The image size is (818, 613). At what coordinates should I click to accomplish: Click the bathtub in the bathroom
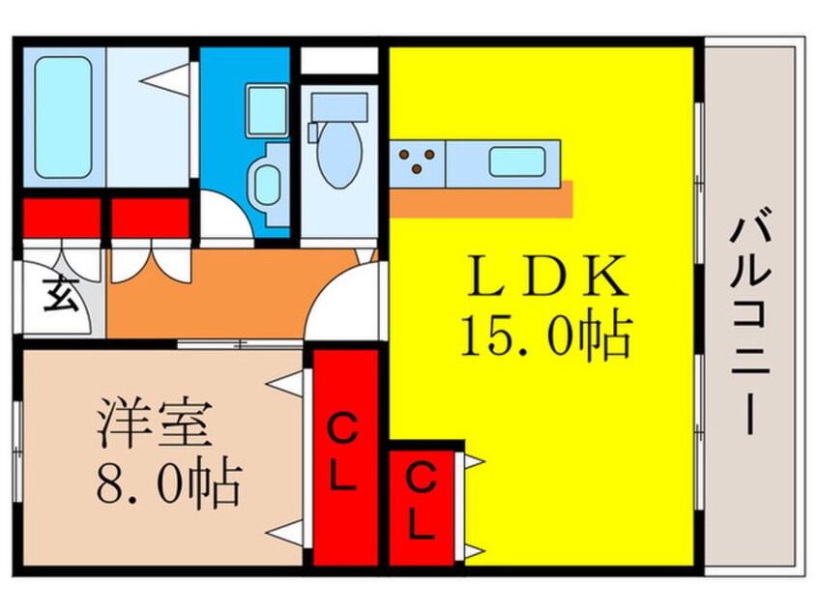[63, 116]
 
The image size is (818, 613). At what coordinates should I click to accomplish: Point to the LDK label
[546, 277]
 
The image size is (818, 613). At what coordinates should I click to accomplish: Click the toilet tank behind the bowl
[339, 105]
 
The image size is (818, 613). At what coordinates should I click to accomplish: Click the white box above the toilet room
[337, 60]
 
